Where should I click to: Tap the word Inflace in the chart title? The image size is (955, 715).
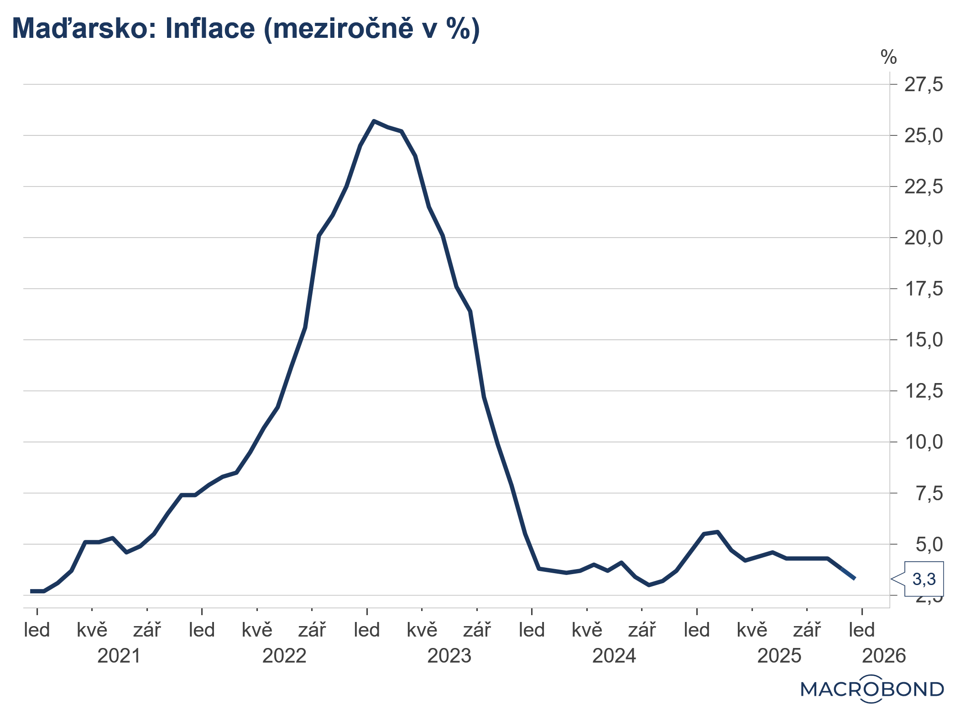[x=210, y=28]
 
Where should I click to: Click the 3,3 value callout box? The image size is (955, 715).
[x=924, y=579]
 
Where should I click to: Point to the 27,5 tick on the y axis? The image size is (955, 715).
[x=923, y=85]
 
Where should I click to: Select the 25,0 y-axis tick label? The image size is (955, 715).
[x=923, y=136]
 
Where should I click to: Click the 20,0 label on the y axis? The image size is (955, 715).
[x=923, y=238]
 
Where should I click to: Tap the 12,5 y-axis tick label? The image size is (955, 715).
[x=923, y=391]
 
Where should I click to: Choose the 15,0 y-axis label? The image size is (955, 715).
[x=923, y=340]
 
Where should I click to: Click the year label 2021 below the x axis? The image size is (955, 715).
[x=119, y=656]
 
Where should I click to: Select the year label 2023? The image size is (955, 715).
[x=449, y=656]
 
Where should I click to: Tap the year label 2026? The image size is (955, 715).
[x=884, y=656]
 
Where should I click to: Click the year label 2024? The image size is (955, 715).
[x=614, y=656]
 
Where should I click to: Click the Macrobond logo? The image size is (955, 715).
[x=872, y=689]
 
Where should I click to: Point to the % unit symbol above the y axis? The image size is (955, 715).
[x=888, y=58]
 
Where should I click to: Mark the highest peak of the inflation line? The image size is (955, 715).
[x=374, y=121]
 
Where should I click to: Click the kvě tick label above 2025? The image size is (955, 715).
[x=752, y=630]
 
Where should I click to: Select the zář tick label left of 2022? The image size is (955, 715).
[x=147, y=630]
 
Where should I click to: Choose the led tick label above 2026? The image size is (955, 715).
[x=861, y=630]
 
